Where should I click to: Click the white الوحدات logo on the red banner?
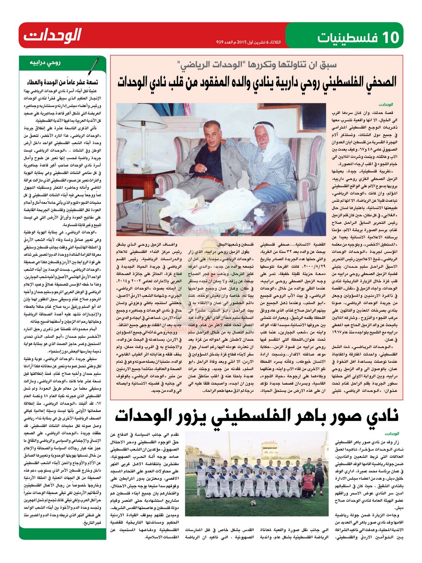52,36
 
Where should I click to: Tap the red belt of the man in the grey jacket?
213,178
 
